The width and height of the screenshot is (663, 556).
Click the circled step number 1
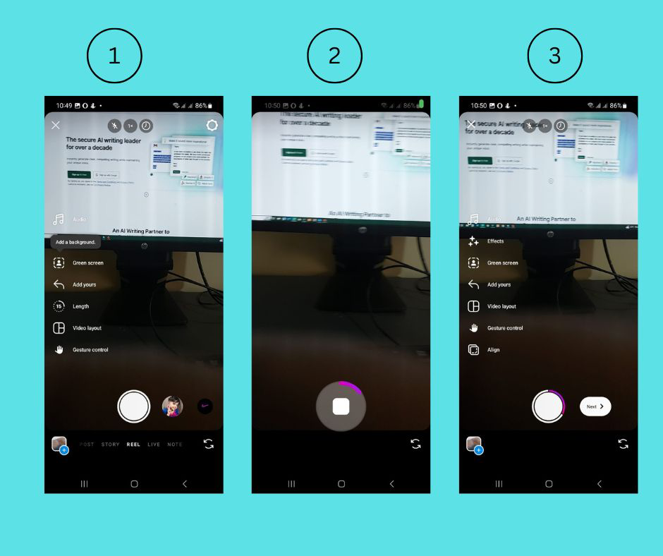coord(114,56)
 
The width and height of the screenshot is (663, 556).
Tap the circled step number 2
coord(334,56)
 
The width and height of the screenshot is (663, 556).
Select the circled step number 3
coord(554,56)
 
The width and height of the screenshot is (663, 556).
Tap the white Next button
coord(595,406)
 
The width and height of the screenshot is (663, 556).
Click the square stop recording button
coord(341,406)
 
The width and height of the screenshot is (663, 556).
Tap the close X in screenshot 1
coord(56,126)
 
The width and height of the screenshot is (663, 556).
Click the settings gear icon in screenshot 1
coord(212,126)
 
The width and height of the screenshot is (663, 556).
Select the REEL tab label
coord(133,445)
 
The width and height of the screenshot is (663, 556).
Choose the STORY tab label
coord(110,445)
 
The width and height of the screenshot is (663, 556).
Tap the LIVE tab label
coord(154,445)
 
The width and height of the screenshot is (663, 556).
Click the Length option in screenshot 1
coord(80,306)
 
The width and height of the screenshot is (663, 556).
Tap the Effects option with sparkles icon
coord(495,241)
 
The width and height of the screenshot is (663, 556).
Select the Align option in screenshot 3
coord(493,350)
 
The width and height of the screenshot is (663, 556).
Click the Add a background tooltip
coord(75,242)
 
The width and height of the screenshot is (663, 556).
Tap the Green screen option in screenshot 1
coord(87,263)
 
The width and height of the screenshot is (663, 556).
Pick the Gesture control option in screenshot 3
coord(505,328)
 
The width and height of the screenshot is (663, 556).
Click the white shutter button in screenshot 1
coord(133,406)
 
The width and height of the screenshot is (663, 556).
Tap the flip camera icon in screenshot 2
coord(415,444)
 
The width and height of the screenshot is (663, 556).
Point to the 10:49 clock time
coord(64,106)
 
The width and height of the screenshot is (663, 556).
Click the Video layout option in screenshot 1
coord(87,328)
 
